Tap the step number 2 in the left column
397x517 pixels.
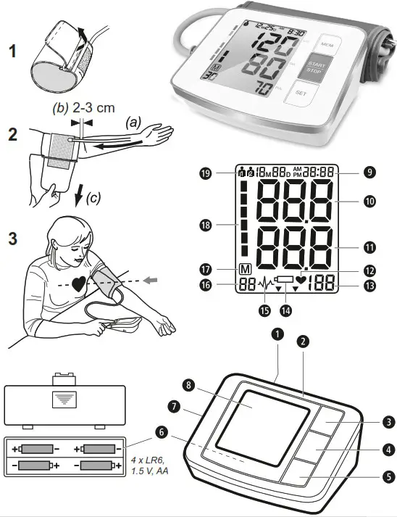(12, 135)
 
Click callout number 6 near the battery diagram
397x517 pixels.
(160, 431)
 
